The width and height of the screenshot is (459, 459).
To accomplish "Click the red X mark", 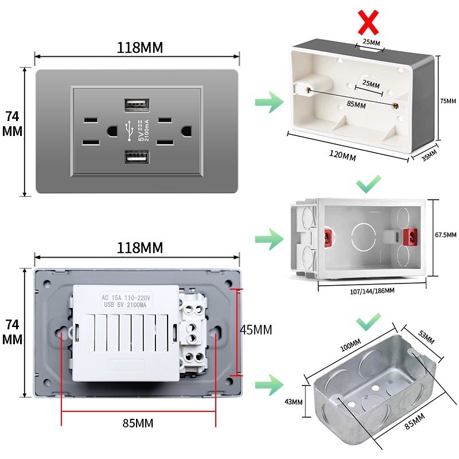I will [368, 22].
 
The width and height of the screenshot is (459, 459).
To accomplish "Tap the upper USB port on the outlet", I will [137, 104].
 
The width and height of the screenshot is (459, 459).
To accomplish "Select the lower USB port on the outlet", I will [137, 157].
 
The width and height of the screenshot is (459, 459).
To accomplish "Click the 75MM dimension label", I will [448, 101].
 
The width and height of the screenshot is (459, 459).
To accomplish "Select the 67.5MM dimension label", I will [446, 235].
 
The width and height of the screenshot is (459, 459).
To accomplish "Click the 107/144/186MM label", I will [372, 291].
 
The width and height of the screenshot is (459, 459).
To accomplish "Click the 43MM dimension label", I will [293, 402].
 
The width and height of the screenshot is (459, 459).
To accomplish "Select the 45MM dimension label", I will [255, 330].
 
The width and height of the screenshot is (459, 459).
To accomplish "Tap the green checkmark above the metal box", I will [368, 322].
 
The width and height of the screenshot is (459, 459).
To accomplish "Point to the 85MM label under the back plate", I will [138, 423].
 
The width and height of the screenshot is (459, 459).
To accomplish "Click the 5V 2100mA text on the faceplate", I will [143, 131].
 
